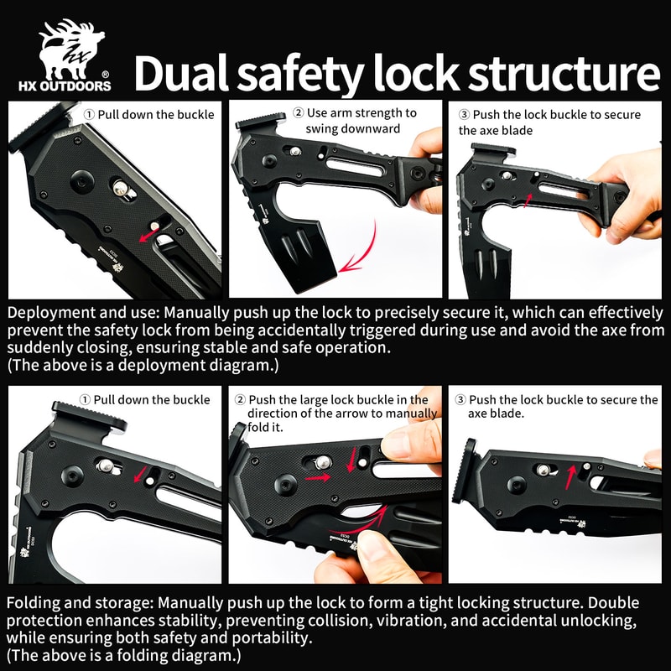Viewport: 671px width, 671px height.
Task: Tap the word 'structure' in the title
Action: tap(563, 73)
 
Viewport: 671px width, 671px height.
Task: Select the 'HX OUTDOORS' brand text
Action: tap(65, 86)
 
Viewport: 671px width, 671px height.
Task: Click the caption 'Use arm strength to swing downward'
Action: tap(354, 121)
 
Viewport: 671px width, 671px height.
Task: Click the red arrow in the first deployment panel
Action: tap(149, 235)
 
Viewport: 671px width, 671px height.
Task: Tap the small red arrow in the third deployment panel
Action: tap(528, 200)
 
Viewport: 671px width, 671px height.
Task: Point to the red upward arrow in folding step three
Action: tap(570, 477)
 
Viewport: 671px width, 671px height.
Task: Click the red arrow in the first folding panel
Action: tap(139, 474)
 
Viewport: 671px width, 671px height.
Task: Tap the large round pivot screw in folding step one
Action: tap(72, 476)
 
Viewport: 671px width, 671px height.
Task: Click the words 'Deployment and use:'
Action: tap(83, 313)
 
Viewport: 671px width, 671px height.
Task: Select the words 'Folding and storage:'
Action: tap(80, 603)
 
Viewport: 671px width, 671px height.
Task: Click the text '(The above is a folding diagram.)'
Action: tap(124, 655)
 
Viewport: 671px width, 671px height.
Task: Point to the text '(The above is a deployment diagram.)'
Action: tap(143, 365)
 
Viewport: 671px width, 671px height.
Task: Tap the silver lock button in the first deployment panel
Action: tap(121, 188)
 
